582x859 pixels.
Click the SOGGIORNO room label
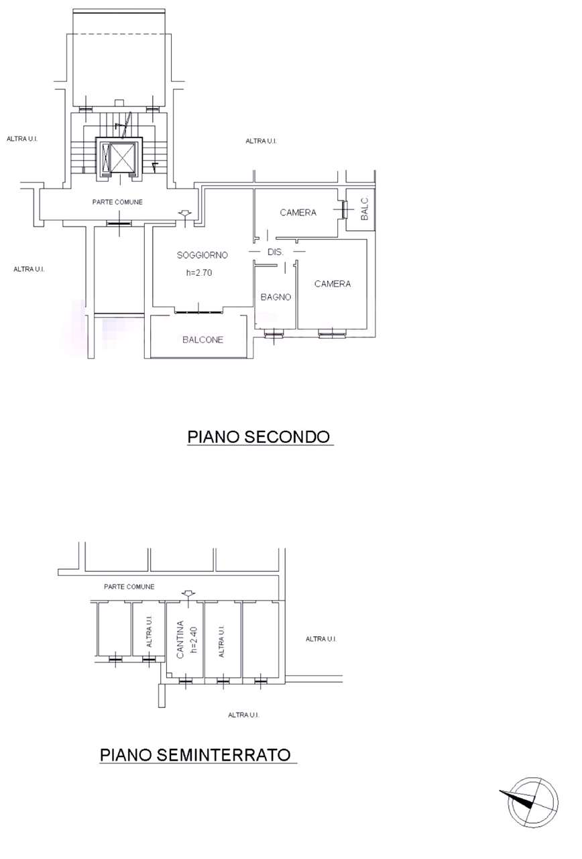click(202, 255)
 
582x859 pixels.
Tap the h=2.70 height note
click(199, 272)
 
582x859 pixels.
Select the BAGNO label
click(276, 297)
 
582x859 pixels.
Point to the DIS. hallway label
click(276, 252)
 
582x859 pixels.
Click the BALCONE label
click(202, 340)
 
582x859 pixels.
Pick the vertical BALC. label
click(364, 209)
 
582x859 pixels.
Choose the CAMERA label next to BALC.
click(298, 213)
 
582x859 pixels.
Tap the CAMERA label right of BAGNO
click(332, 284)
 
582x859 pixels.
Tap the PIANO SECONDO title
click(259, 437)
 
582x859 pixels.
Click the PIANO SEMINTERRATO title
click(195, 755)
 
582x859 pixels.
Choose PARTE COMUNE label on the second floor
click(117, 202)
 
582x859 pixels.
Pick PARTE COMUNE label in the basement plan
click(129, 587)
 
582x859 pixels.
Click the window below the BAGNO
click(274, 334)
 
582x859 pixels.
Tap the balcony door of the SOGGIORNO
click(198, 312)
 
